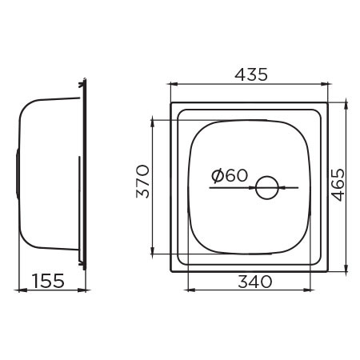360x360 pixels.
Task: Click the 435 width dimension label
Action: [x=250, y=74]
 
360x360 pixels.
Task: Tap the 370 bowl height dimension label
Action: [x=143, y=182]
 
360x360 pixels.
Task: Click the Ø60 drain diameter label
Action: [x=230, y=176]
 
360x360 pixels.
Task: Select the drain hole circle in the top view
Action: [x=266, y=189]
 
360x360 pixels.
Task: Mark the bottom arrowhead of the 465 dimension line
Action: [x=346, y=270]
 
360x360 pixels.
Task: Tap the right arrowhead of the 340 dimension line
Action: [x=309, y=290]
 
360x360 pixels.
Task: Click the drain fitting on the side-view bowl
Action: [x=18, y=172]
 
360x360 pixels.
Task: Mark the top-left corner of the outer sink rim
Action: [x=170, y=102]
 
